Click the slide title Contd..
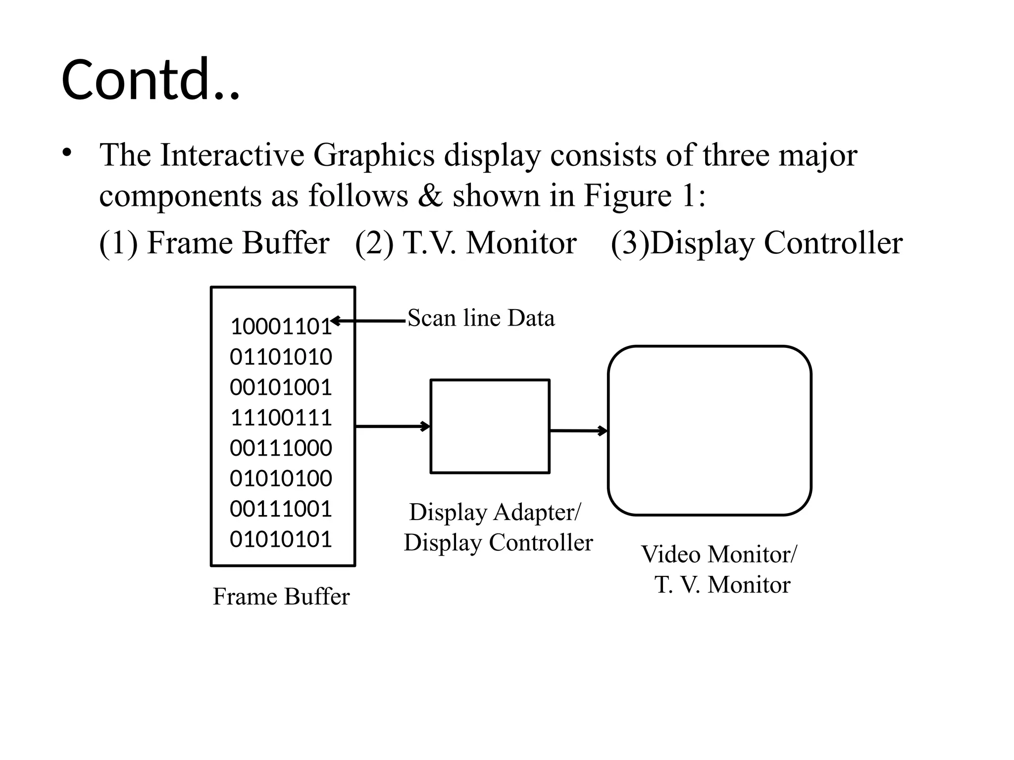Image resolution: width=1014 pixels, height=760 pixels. point(150,80)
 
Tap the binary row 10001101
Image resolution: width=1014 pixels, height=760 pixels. point(280,327)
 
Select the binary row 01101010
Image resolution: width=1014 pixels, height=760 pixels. point(281,357)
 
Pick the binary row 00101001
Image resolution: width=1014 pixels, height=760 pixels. point(281,387)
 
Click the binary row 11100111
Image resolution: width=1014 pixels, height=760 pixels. point(281,418)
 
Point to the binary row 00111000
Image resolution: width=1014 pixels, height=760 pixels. point(281,448)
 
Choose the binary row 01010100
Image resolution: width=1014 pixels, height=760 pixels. point(281,478)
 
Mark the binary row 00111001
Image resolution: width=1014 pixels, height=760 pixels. point(281,509)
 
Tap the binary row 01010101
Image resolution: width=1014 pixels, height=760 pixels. point(281,539)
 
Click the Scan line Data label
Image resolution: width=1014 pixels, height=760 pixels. point(481,318)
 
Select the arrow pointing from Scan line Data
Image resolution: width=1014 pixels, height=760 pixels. point(368,321)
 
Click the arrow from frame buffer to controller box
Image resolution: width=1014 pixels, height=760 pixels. point(393,426)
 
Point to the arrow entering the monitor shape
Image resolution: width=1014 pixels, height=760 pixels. point(578,430)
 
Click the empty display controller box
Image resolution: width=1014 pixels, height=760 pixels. point(490,426)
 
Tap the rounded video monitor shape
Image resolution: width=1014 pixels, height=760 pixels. point(709,430)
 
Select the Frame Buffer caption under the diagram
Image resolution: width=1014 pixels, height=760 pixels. point(281,596)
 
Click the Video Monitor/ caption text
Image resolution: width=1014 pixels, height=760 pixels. point(719,554)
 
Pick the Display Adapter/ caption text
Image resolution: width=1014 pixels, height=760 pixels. point(495,512)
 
